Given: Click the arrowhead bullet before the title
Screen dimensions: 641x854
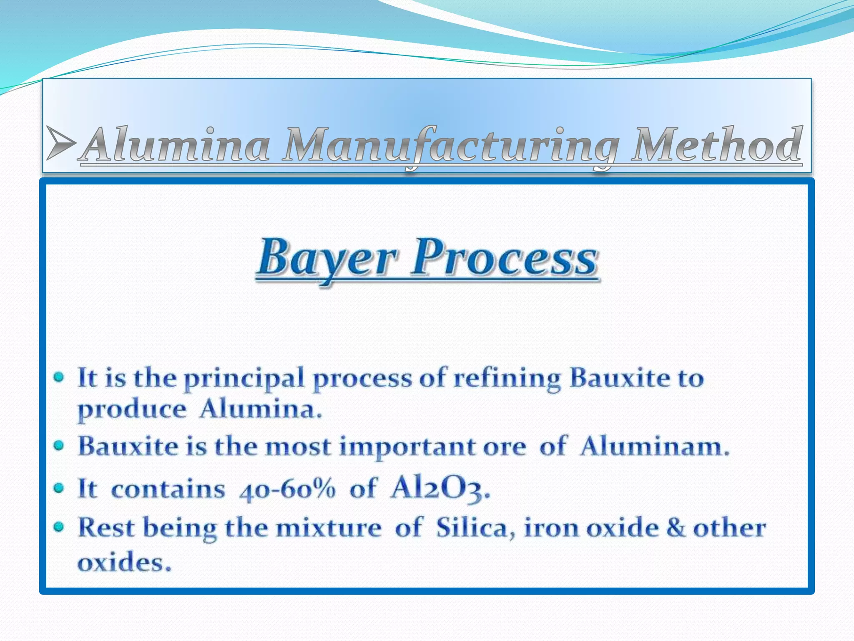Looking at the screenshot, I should pyautogui.click(x=61, y=143).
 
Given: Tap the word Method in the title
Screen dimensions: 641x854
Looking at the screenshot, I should pyautogui.click(x=716, y=144).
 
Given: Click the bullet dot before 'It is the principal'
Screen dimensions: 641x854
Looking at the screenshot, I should pyautogui.click(x=59, y=378).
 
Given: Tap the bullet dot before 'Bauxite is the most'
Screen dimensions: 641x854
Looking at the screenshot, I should pyautogui.click(x=59, y=446).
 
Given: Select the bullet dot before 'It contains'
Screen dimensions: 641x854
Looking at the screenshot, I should pyautogui.click(x=59, y=488).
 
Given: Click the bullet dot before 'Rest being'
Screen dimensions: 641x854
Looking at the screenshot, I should pyautogui.click(x=59, y=527).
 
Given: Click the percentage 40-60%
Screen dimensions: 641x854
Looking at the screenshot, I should pyautogui.click(x=287, y=489).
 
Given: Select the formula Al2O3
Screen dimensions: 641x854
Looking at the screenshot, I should pyautogui.click(x=440, y=488).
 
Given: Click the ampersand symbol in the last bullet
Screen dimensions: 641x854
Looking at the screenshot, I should pyautogui.click(x=676, y=527).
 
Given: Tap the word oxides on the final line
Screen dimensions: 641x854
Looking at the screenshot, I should pyautogui.click(x=124, y=562).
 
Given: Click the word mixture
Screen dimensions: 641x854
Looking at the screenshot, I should pyautogui.click(x=329, y=528).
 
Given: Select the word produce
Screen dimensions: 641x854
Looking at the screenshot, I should pyautogui.click(x=132, y=410).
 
